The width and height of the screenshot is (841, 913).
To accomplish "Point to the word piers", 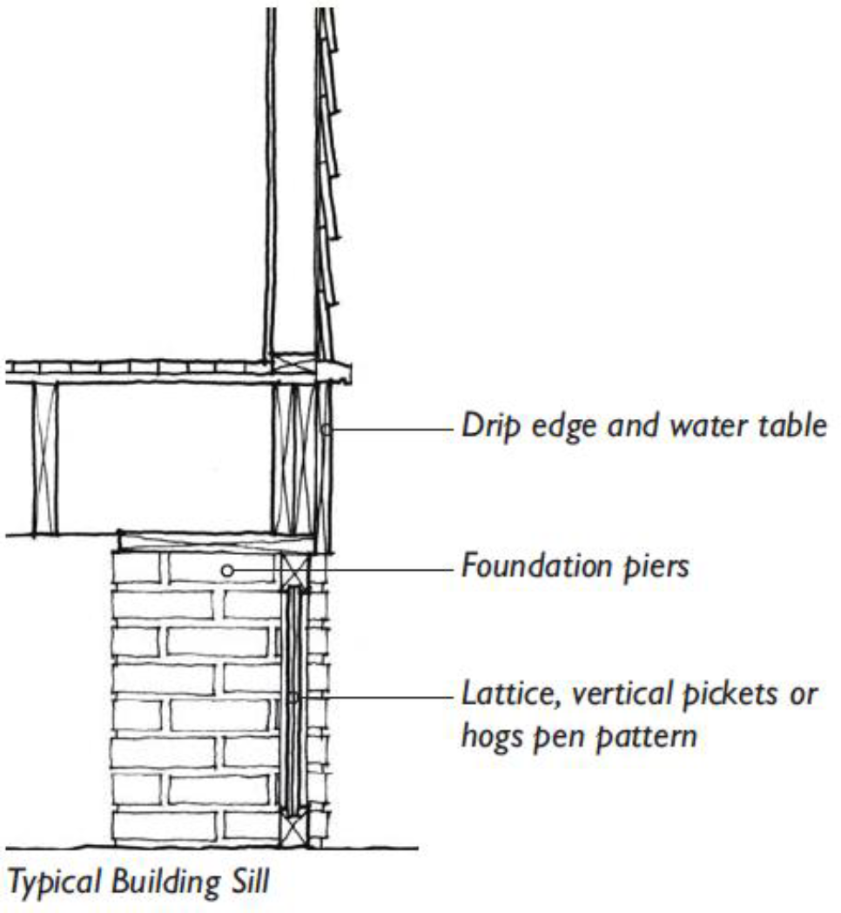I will [656, 568].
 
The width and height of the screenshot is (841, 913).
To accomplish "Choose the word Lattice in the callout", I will [502, 695].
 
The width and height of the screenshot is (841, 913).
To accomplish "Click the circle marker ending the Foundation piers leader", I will [226, 570].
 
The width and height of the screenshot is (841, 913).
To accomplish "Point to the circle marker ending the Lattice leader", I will [293, 698].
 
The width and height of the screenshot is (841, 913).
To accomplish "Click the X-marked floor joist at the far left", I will [45, 456].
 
